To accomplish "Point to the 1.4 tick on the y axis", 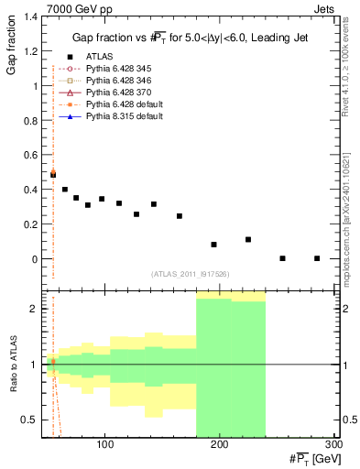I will tap(32, 17).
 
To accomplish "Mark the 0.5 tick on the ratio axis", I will tap(32, 420).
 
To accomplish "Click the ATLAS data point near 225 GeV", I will tap(248, 239).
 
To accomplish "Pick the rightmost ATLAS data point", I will tap(317, 258).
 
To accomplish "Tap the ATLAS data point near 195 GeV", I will tap(213, 245).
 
